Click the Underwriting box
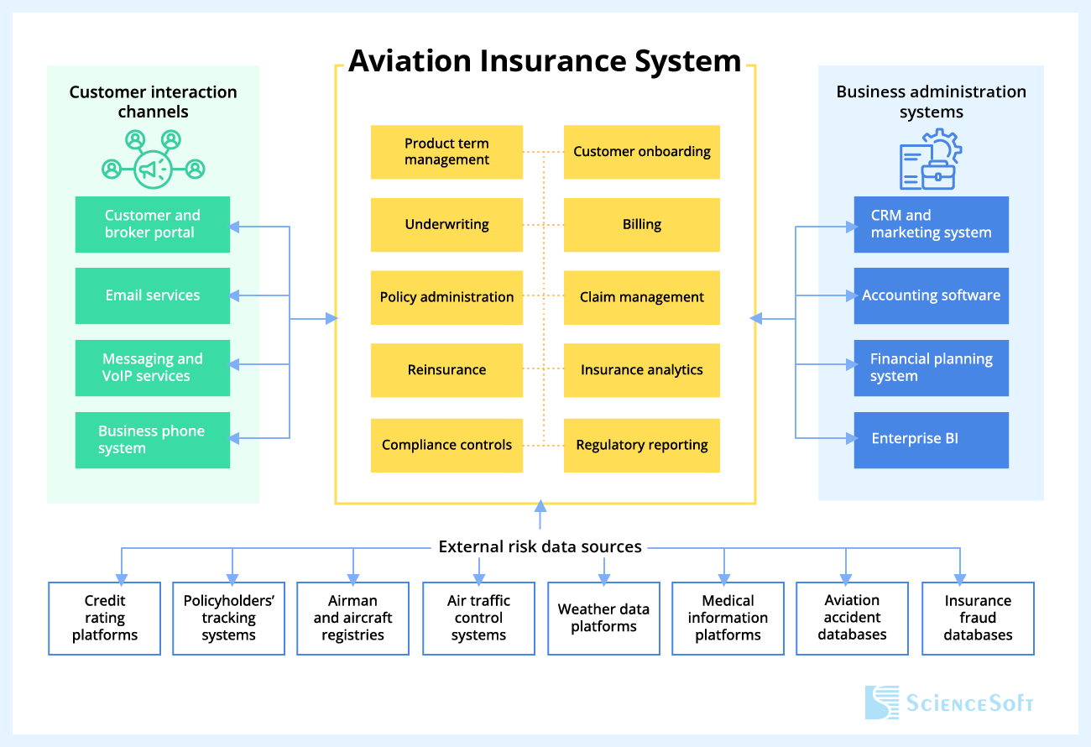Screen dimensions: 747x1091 (x=446, y=225)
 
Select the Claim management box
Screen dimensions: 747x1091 (x=641, y=297)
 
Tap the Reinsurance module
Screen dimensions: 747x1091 (x=446, y=370)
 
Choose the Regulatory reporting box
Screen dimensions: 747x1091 (x=641, y=445)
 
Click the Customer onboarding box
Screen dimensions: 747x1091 (x=641, y=152)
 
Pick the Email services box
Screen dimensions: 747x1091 (x=153, y=295)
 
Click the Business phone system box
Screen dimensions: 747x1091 (x=153, y=440)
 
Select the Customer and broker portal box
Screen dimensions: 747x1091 (x=153, y=224)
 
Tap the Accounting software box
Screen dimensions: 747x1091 (x=931, y=295)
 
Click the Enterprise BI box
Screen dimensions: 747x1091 (x=931, y=439)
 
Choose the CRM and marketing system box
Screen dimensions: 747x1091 (x=931, y=224)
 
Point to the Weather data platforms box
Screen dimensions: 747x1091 (x=603, y=619)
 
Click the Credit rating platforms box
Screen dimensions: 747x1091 (x=105, y=619)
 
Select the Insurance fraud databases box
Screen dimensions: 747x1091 (x=978, y=619)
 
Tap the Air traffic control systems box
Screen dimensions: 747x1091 (x=478, y=619)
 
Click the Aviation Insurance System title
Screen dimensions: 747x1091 (x=545, y=61)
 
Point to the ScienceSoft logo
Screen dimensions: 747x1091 (x=949, y=703)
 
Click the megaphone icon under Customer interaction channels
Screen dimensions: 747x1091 (x=153, y=170)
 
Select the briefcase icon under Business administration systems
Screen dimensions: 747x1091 (x=938, y=175)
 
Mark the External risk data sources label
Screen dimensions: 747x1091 (x=540, y=547)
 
